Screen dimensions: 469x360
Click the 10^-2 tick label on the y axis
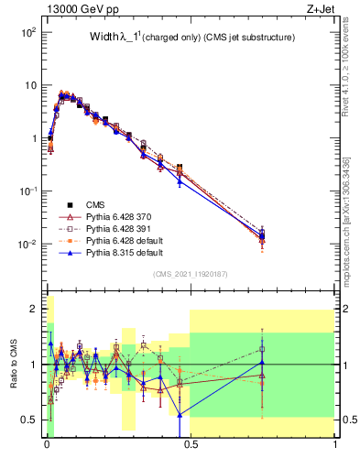point(28,245)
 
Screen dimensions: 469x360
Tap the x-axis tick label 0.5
point(191,447)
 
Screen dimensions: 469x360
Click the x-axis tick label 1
point(335,447)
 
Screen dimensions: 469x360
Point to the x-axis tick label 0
point(46,447)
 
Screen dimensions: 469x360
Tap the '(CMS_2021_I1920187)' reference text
point(191,274)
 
